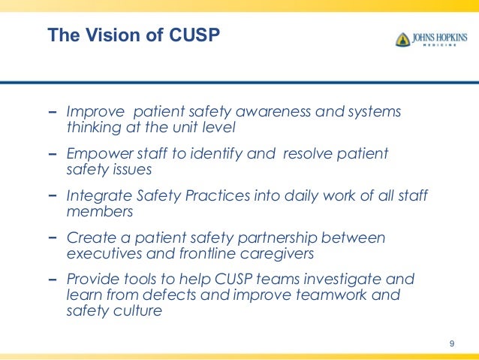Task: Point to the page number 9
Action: coord(451,343)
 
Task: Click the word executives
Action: coord(98,253)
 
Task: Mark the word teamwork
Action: coord(330,295)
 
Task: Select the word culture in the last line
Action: coord(137,310)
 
